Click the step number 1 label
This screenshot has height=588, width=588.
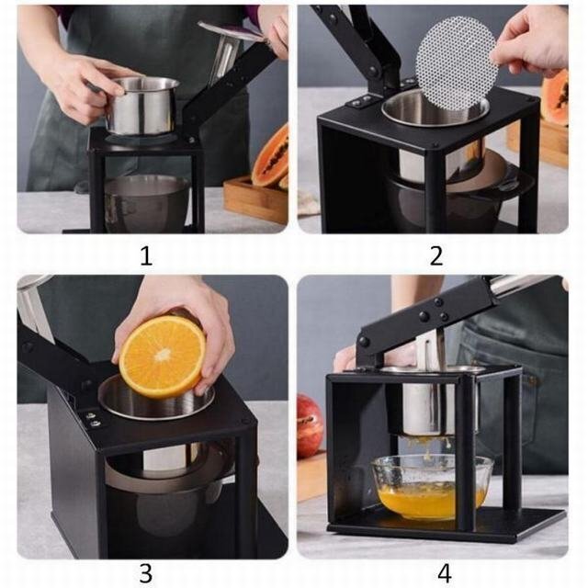tap(146, 256)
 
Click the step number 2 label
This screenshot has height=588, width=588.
tap(436, 256)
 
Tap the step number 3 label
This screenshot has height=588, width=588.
tap(146, 573)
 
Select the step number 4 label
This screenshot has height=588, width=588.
tap(444, 573)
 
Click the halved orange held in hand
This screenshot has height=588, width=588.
tap(163, 357)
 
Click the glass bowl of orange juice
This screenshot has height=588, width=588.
tap(432, 487)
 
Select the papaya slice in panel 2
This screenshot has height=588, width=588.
tap(555, 95)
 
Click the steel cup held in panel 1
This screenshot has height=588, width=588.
tap(141, 106)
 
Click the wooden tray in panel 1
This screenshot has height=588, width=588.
tap(255, 200)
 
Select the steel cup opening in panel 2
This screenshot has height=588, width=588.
tap(435, 107)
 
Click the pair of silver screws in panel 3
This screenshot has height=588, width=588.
tap(93, 419)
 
